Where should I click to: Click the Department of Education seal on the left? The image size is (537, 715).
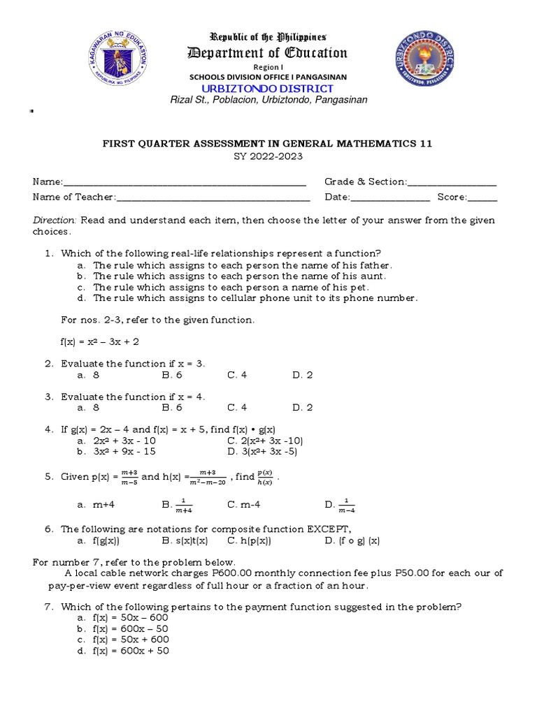(x=117, y=61)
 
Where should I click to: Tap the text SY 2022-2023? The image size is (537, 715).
(x=268, y=156)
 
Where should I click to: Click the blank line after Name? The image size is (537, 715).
(x=185, y=183)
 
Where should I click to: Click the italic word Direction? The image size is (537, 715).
(x=55, y=221)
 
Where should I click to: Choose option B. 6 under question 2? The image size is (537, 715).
(x=172, y=375)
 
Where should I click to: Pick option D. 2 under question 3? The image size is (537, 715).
(x=303, y=408)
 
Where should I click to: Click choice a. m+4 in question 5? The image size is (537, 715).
(x=93, y=504)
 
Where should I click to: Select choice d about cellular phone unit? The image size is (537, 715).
(x=248, y=298)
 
